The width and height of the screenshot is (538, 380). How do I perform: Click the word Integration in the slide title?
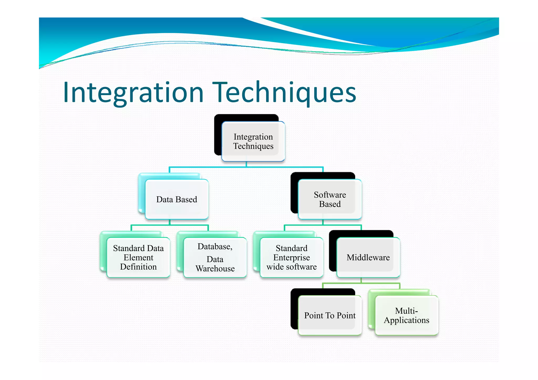133,92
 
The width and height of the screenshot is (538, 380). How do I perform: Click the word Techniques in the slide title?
285,92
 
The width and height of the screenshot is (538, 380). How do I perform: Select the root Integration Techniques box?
253,142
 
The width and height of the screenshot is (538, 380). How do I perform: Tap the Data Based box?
177,199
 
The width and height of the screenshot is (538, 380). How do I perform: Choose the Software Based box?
330,199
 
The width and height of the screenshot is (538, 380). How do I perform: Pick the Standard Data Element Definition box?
138,257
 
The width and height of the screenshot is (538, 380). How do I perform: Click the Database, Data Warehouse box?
215,257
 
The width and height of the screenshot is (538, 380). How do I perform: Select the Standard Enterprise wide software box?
291,257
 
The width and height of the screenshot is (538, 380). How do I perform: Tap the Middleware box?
368,257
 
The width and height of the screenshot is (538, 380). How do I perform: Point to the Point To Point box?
330,315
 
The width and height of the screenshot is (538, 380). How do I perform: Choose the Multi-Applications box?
406,315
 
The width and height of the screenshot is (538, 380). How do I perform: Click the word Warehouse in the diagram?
215,269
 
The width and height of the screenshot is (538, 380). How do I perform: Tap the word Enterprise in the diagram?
291,258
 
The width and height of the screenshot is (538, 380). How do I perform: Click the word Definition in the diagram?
138,267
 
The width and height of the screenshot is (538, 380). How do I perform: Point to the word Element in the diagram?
138,258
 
